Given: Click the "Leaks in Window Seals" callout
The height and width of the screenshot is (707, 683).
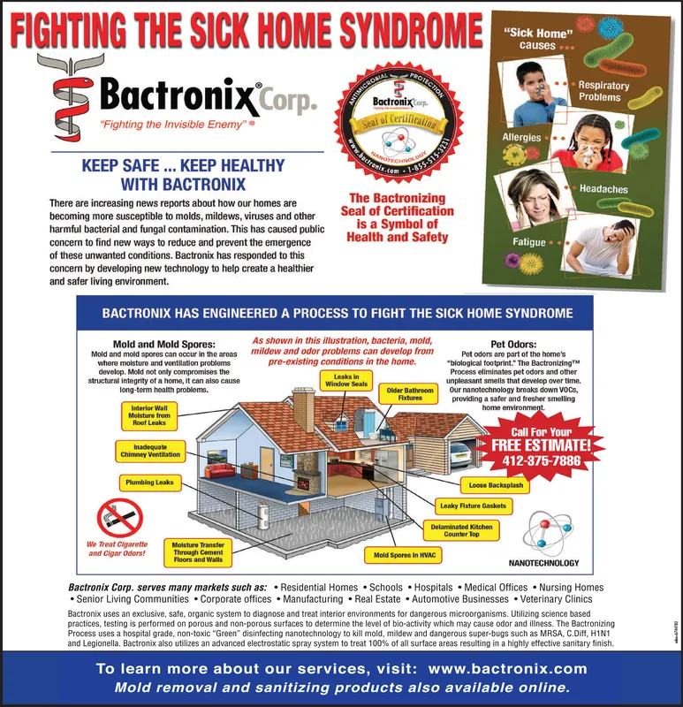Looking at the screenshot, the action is tap(346, 380).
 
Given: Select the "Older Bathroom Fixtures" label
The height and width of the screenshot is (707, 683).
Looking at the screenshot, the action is tap(409, 393).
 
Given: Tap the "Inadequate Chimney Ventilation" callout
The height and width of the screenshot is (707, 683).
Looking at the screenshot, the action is tap(150, 451).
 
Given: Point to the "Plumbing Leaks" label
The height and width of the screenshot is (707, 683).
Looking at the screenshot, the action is tap(149, 483).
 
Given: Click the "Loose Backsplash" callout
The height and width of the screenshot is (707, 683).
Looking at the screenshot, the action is tap(497, 485).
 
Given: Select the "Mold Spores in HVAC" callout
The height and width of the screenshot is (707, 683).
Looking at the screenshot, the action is tap(400, 556).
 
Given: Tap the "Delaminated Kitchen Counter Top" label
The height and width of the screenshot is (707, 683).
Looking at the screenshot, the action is tap(461, 530).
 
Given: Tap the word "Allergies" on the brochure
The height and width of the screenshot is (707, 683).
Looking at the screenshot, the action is tap(521, 139).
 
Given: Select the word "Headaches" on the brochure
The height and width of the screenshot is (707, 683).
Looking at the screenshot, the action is tap(603, 189).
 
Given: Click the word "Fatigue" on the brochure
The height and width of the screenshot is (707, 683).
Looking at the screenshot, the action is tap(529, 241).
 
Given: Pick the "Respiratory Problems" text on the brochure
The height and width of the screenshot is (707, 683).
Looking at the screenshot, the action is tap(603, 91).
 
